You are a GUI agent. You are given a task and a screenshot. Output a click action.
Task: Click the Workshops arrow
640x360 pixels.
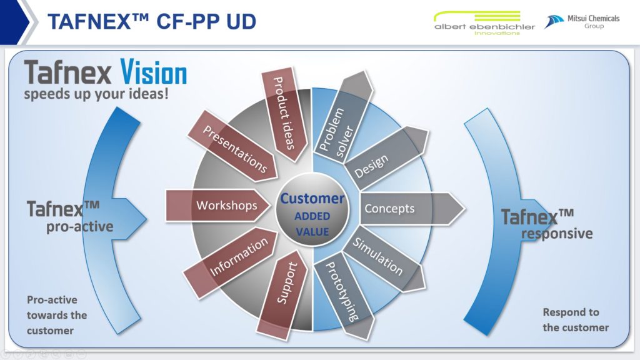point(218,205)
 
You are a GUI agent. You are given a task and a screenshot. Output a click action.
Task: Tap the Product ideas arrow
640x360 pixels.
point(284,114)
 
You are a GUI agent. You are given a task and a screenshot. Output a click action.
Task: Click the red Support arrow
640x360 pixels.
point(282,295)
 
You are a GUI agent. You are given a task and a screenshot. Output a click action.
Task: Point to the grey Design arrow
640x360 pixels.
point(385,158)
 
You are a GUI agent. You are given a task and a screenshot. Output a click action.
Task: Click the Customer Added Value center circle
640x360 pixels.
point(312,209)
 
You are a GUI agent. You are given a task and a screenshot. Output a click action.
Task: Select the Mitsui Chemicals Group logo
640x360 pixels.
point(582,22)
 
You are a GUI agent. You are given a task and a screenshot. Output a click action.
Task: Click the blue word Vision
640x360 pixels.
point(154,72)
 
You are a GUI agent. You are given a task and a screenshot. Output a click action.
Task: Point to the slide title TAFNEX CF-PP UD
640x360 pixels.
point(152,22)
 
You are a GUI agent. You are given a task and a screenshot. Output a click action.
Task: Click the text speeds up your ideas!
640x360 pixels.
point(96,94)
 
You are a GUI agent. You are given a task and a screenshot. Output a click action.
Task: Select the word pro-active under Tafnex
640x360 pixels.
point(79,226)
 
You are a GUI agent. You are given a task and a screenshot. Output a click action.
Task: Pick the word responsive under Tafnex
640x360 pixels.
point(557,234)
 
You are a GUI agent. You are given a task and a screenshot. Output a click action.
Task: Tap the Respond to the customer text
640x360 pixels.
point(576,320)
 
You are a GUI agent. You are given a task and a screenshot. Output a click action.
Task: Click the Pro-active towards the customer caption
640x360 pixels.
point(57,315)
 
